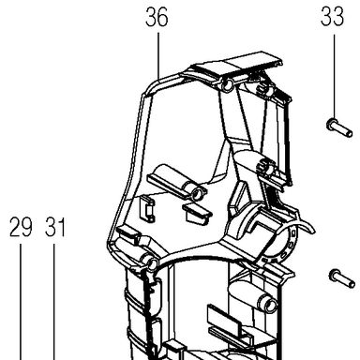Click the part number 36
[157, 18]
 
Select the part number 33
[333, 17]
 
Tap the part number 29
[21, 228]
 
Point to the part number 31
[55, 228]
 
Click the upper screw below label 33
[339, 127]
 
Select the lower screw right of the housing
[342, 278]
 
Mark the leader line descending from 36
[158, 55]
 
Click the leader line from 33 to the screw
[334, 77]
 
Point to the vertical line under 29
[21, 302]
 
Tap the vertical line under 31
[54, 302]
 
